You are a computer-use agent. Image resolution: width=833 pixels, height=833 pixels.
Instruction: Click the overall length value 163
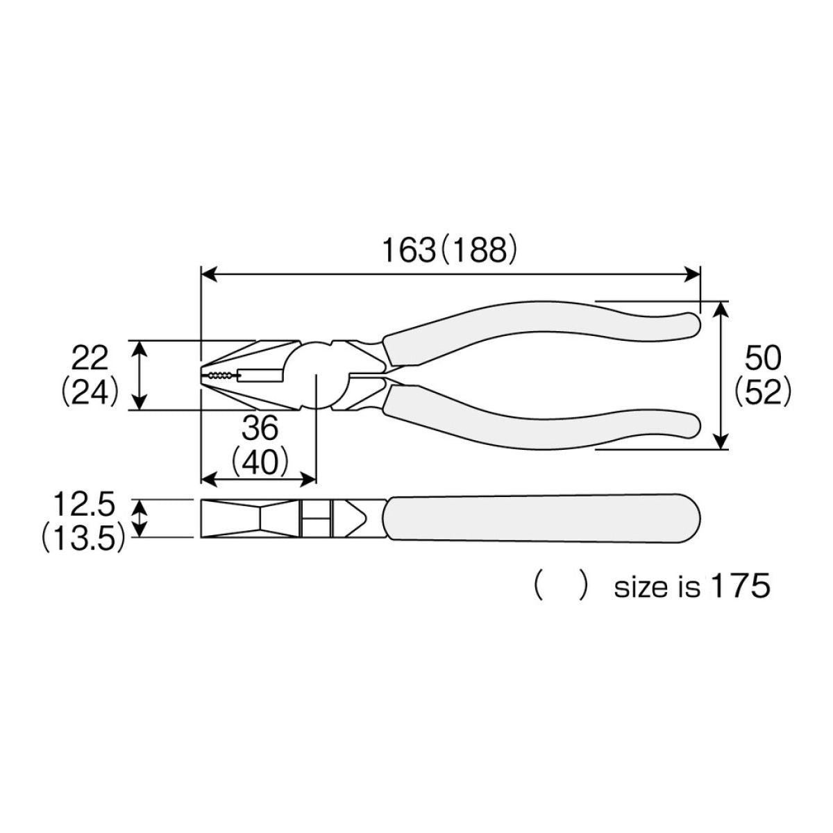tap(408, 251)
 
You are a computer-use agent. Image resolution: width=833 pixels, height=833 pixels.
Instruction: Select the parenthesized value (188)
tap(478, 251)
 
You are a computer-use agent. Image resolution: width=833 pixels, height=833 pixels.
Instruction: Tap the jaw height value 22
tap(90, 358)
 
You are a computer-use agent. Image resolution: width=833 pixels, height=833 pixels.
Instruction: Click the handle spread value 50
tap(763, 358)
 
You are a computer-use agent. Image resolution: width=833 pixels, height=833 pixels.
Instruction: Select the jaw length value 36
tap(260, 429)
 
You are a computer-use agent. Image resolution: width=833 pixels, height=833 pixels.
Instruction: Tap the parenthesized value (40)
tap(260, 464)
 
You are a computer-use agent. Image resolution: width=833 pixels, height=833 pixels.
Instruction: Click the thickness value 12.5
tap(84, 505)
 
